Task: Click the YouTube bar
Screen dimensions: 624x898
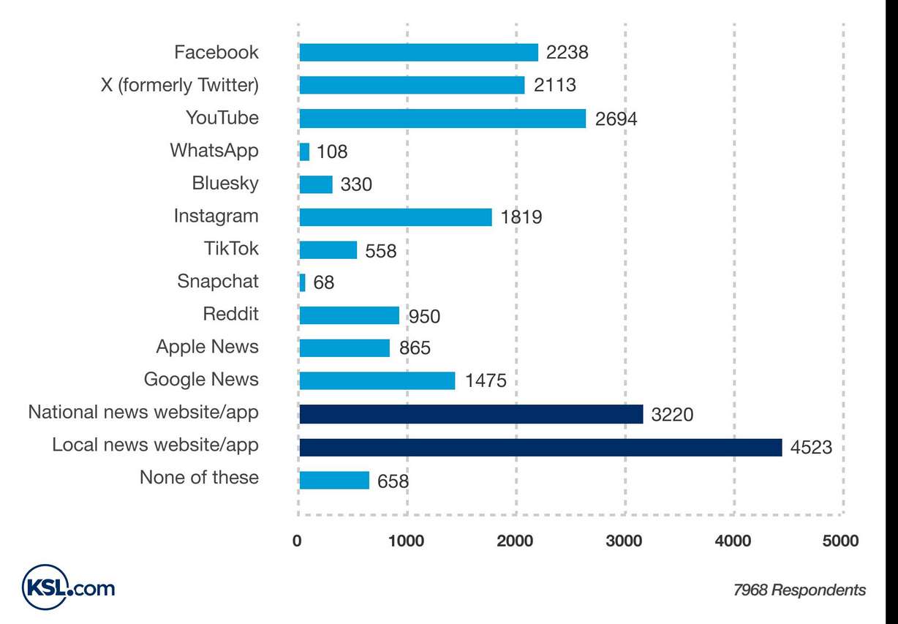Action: tap(442, 119)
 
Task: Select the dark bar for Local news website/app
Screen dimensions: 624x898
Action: tap(540, 447)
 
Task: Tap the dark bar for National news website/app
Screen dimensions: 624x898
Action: tap(471, 414)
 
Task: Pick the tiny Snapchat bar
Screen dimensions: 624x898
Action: tap(303, 282)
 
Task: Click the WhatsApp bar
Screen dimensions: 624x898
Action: tap(304, 151)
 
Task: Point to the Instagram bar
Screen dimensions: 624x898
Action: tap(396, 217)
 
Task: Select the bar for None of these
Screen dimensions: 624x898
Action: tap(334, 480)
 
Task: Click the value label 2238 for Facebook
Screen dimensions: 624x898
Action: tap(567, 53)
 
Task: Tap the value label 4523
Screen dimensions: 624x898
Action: tap(811, 447)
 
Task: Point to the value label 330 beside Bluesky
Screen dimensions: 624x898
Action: tap(356, 185)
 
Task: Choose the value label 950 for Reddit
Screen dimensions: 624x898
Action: tap(424, 316)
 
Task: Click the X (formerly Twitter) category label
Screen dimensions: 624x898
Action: tap(179, 86)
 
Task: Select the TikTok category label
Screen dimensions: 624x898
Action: tap(231, 249)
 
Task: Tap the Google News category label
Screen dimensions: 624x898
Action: tap(201, 380)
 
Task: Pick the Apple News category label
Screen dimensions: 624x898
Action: tap(207, 347)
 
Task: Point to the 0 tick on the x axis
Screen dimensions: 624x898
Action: tap(298, 541)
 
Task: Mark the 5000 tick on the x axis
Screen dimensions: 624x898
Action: tap(840, 541)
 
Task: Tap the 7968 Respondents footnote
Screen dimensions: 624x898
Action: tap(799, 590)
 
